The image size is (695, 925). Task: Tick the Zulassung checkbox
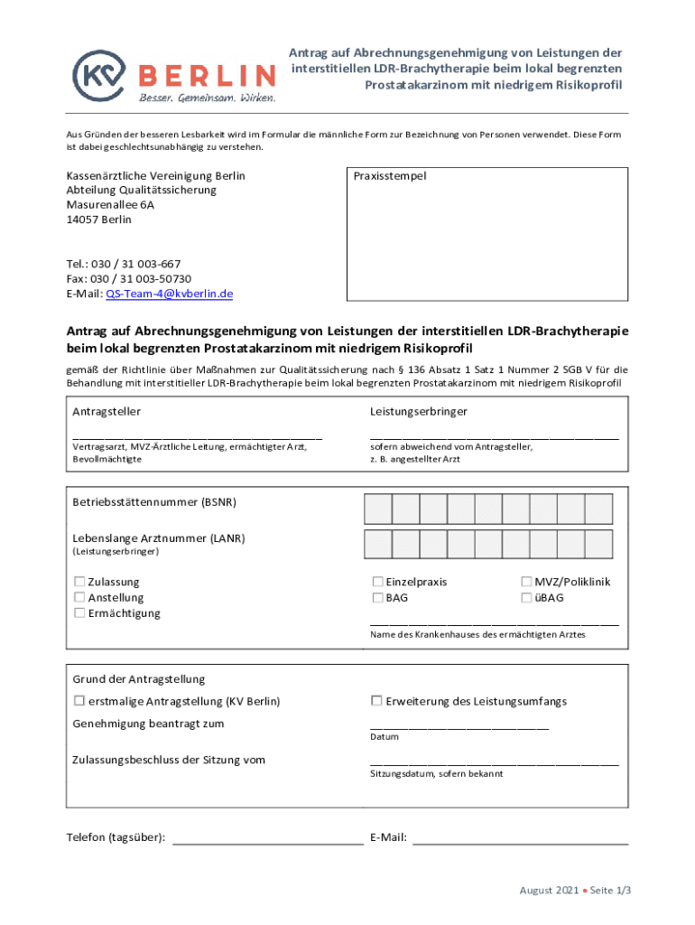[79, 582]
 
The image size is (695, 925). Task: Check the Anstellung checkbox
[79, 598]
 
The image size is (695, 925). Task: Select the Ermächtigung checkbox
[79, 613]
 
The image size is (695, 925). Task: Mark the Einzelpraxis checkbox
[377, 582]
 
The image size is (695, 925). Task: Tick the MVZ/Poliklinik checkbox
[526, 582]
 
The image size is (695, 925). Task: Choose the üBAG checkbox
[526, 598]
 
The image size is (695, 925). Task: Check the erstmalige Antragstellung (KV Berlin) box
[79, 701]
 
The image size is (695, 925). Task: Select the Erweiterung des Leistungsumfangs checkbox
[377, 701]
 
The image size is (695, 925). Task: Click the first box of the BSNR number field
[377, 509]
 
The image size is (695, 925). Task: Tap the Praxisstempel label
[390, 176]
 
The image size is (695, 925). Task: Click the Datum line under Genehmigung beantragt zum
[459, 727]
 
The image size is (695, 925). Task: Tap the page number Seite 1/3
[611, 891]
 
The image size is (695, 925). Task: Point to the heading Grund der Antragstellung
[138, 679]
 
